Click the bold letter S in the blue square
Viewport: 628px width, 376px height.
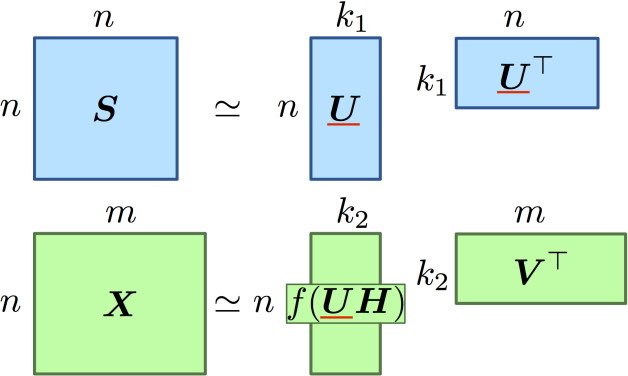[x=105, y=110]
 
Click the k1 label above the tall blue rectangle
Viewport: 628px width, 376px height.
[x=345, y=17]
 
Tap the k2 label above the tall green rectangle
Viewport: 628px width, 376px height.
[x=345, y=213]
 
